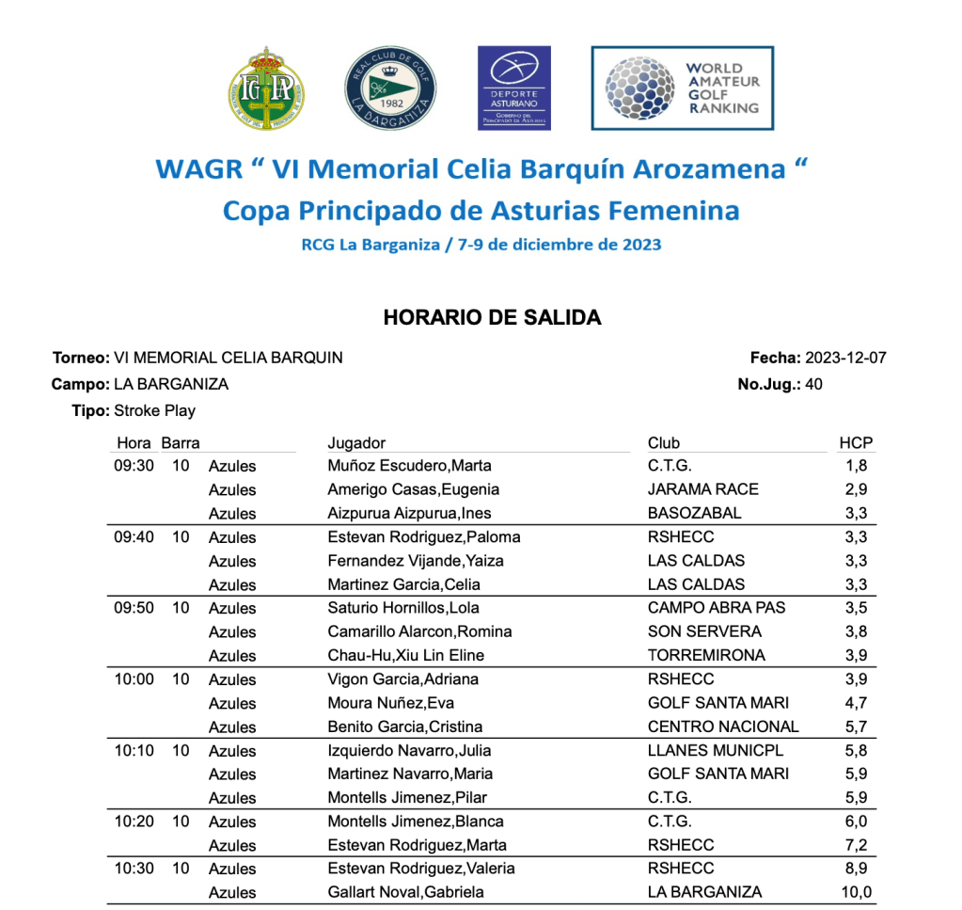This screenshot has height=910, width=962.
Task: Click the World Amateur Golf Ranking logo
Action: pyautogui.click(x=683, y=88)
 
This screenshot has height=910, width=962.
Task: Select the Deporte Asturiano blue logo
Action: pyautogui.click(x=514, y=88)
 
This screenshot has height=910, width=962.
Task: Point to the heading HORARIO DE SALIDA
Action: pyautogui.click(x=492, y=318)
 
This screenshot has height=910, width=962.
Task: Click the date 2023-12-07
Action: pyautogui.click(x=846, y=358)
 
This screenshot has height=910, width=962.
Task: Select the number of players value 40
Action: pyautogui.click(x=814, y=384)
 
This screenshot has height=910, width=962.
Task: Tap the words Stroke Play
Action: pyautogui.click(x=154, y=410)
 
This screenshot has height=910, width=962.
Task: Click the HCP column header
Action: pyautogui.click(x=855, y=443)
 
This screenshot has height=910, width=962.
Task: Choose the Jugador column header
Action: pyautogui.click(x=356, y=443)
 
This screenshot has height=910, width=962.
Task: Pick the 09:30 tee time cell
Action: pyautogui.click(x=134, y=466)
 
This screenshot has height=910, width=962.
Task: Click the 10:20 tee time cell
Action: pyautogui.click(x=134, y=822)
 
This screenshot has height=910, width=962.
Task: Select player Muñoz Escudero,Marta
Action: pyautogui.click(x=409, y=466)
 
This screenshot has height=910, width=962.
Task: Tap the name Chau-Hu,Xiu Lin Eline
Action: pyautogui.click(x=406, y=656)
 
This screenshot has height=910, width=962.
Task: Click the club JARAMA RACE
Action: pyautogui.click(x=702, y=489)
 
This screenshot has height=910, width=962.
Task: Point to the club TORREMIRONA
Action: pyautogui.click(x=706, y=656)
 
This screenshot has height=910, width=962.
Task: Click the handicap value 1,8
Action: pyautogui.click(x=857, y=466)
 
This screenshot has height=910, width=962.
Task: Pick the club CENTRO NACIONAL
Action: pyautogui.click(x=723, y=726)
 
